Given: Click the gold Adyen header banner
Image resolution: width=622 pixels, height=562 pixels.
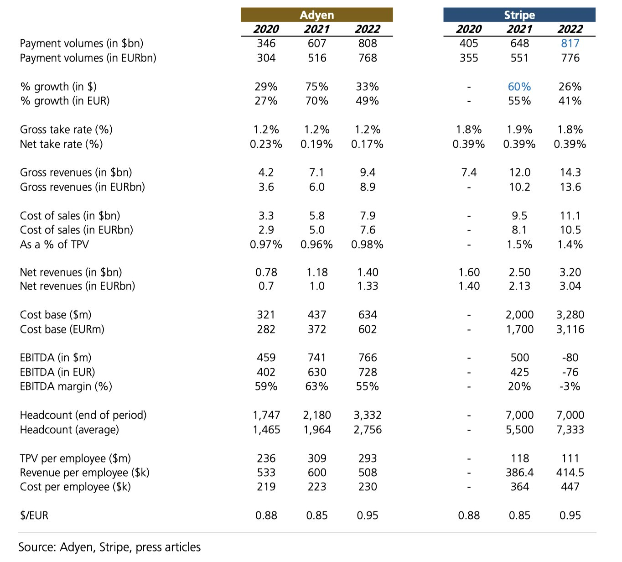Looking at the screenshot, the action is [x=316, y=15].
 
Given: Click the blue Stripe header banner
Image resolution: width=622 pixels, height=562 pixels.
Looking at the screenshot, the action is [x=519, y=15].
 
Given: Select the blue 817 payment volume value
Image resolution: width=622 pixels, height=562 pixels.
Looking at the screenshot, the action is [x=570, y=43].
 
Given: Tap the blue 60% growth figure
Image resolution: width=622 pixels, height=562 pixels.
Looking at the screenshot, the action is [x=519, y=87].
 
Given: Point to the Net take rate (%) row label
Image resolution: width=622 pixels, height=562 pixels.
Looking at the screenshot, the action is [x=62, y=144].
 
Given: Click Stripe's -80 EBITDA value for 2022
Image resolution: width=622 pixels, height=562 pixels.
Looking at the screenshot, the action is [x=570, y=358].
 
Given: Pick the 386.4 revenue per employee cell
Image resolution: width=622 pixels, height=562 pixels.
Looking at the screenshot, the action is [x=519, y=472].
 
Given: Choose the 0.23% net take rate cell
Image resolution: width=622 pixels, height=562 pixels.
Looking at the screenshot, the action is [x=266, y=144].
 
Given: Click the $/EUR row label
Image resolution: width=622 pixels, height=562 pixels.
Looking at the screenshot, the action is [x=34, y=515].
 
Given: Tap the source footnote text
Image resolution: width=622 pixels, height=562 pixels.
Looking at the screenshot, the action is [x=109, y=547].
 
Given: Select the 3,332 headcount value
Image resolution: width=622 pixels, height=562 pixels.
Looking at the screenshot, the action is [x=368, y=415].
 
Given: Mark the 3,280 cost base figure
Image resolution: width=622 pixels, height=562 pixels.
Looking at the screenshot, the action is [x=570, y=315].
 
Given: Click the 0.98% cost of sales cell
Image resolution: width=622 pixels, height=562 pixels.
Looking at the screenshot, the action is [x=367, y=245].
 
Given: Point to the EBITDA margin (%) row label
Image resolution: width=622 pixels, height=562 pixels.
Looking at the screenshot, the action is [x=66, y=386].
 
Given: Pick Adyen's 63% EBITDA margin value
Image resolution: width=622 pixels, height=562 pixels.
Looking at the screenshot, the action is [x=316, y=386].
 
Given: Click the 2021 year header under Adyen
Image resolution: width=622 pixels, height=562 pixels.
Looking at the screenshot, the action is [x=316, y=29].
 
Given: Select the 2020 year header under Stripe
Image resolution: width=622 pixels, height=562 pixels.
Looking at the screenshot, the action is [x=468, y=29].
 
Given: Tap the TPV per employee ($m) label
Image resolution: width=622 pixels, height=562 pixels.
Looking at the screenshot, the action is [x=75, y=458].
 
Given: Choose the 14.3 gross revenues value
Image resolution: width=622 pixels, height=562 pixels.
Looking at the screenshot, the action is [x=570, y=172].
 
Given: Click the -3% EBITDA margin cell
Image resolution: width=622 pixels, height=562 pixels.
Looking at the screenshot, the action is [x=570, y=386].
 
